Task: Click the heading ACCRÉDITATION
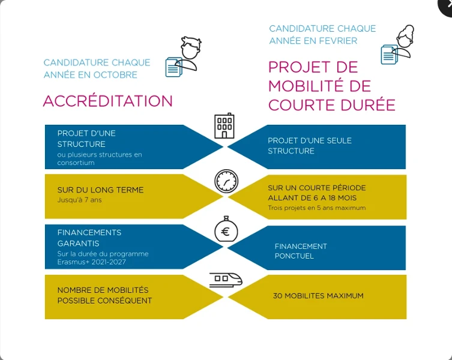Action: [107, 101]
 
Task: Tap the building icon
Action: [224, 126]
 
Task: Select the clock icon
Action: [226, 181]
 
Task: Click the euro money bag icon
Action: [226, 230]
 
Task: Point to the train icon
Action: [226, 280]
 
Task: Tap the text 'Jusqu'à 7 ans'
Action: [80, 200]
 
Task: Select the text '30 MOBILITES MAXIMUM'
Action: [318, 296]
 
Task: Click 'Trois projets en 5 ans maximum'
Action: [317, 208]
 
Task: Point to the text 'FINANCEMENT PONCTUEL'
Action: [301, 251]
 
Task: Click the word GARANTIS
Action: [79, 244]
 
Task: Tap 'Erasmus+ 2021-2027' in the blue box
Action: [92, 262]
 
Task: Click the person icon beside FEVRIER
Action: [399, 45]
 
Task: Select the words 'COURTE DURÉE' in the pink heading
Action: [331, 105]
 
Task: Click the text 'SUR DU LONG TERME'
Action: [100, 190]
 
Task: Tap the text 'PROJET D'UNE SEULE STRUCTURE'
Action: [310, 146]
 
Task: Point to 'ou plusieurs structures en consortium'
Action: [100, 158]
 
